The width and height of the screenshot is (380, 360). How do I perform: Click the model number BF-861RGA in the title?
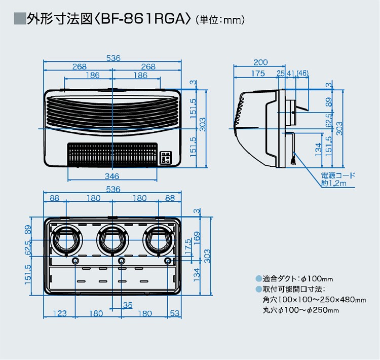coord(144,20)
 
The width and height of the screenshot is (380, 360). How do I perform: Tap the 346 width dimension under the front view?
coord(112,176)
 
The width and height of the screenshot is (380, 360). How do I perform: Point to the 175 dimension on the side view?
coord(257,74)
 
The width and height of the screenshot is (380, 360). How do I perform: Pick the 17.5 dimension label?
coord(188,251)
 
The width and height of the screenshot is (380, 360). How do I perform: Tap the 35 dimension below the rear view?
coord(127,305)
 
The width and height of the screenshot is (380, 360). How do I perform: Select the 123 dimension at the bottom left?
coord(60,313)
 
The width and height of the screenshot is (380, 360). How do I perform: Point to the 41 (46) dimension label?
coord(296,74)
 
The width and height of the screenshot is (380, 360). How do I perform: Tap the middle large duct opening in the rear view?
coord(111,238)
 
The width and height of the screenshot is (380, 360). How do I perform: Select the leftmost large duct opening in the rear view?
coord(66,238)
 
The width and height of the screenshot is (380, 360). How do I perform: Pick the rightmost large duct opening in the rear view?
coord(157,238)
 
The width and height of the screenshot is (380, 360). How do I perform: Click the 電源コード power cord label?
coord(338,175)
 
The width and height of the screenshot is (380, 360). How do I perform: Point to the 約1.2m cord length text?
coord(334,183)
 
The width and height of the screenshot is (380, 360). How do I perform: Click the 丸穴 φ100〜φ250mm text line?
coord(300,309)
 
